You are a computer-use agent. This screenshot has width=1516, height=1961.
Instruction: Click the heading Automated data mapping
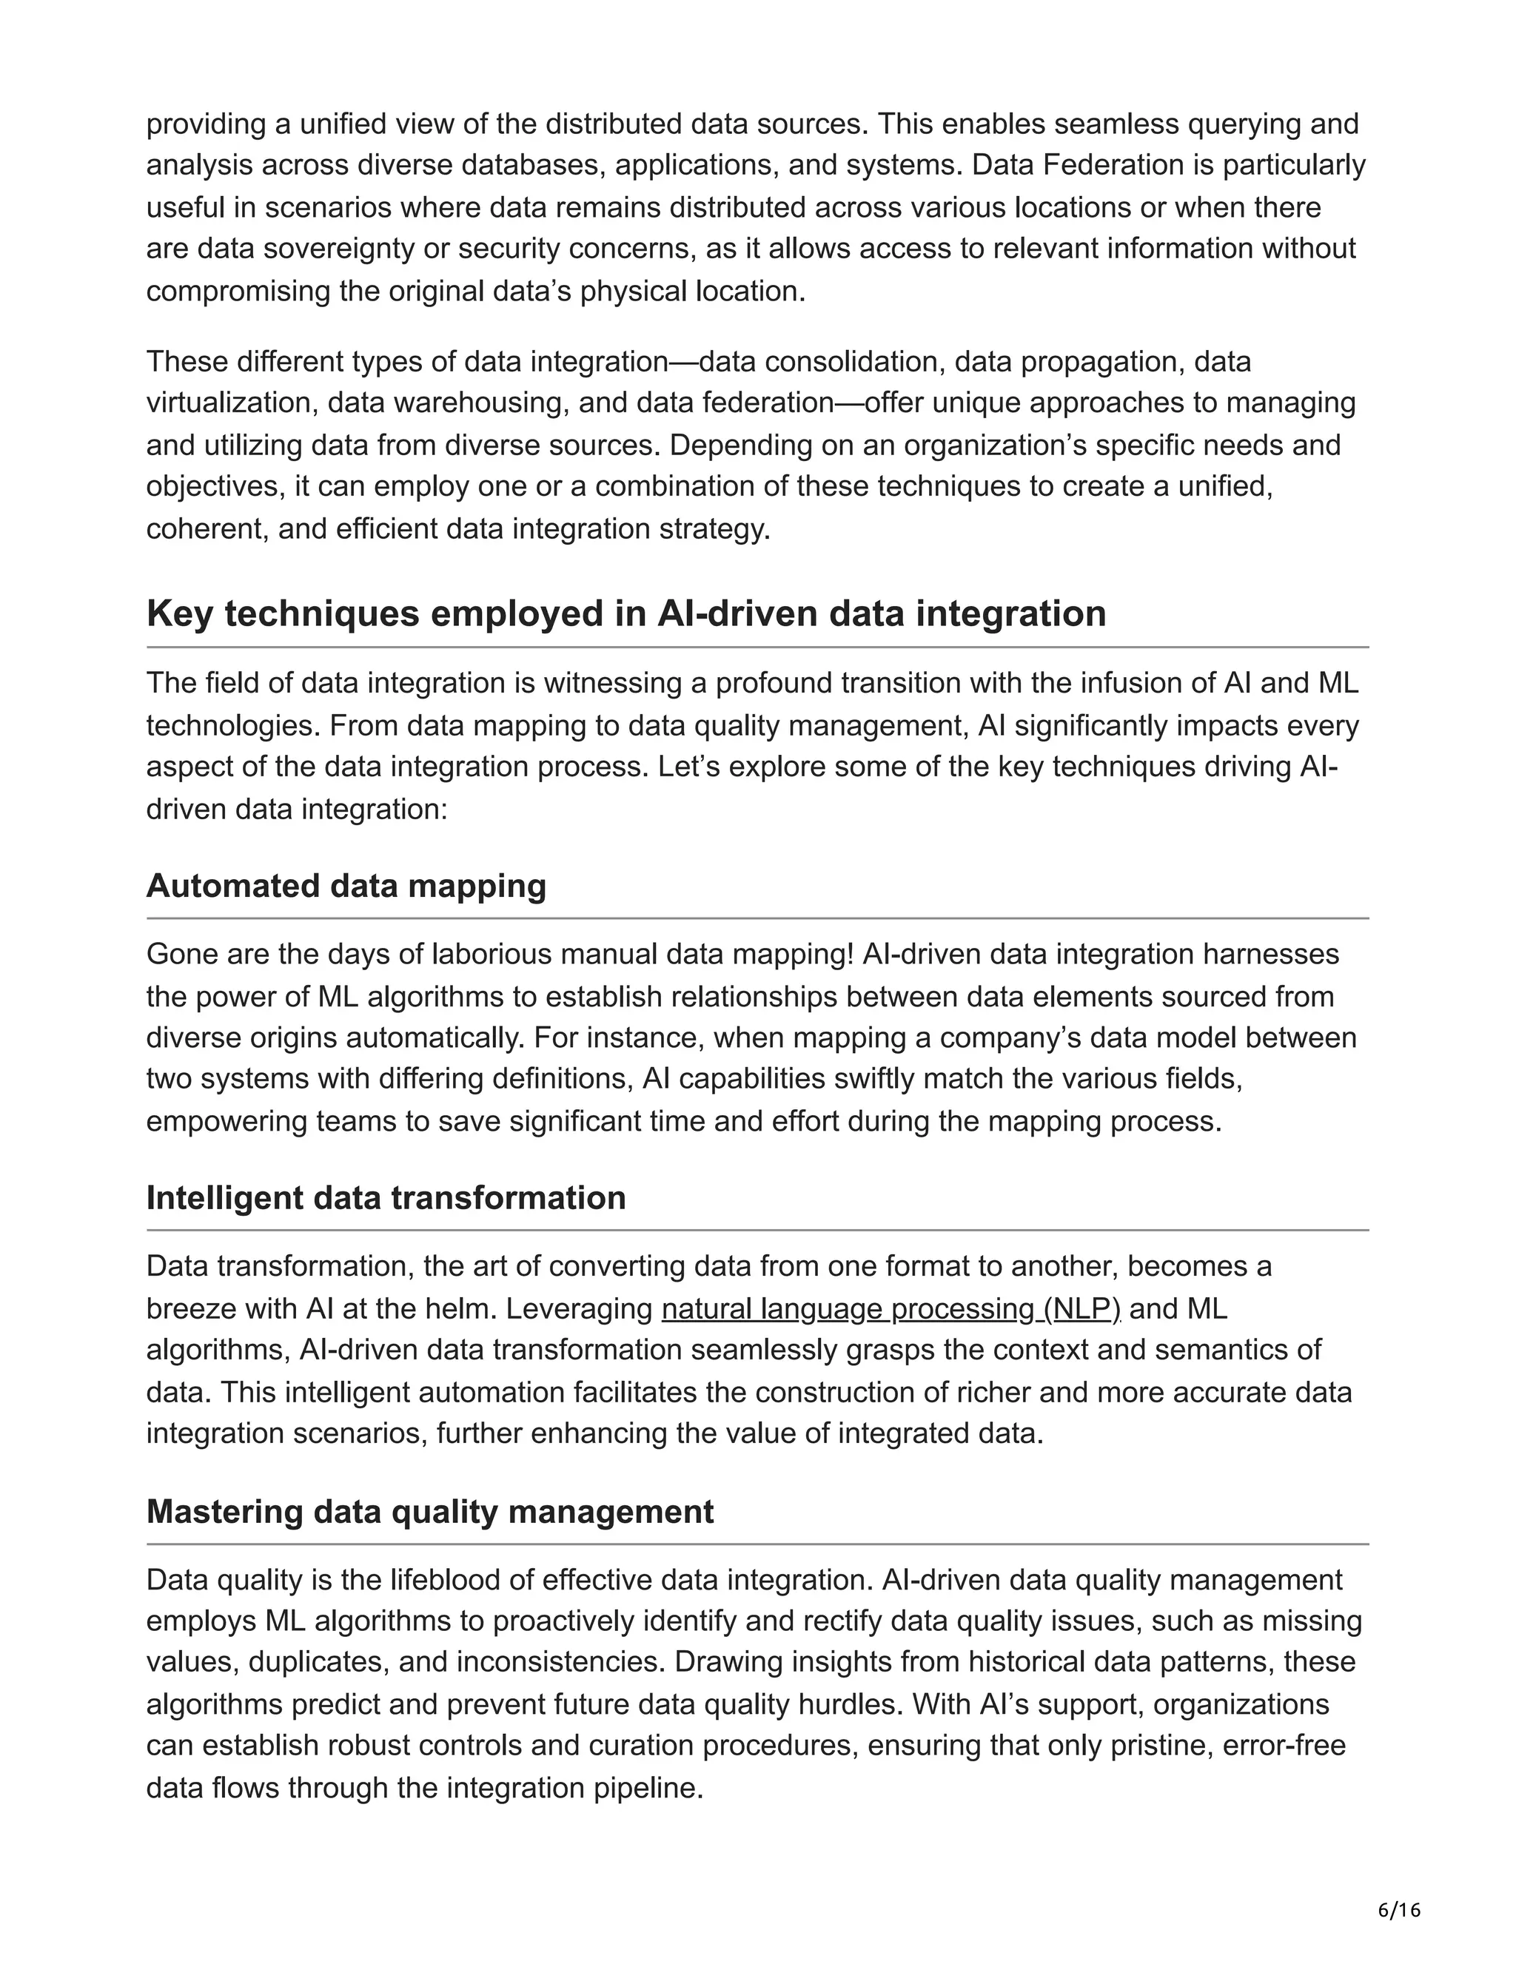(346, 887)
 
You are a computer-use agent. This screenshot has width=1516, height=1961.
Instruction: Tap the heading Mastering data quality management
(429, 1511)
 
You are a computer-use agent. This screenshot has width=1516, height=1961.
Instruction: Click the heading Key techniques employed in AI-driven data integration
(626, 614)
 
